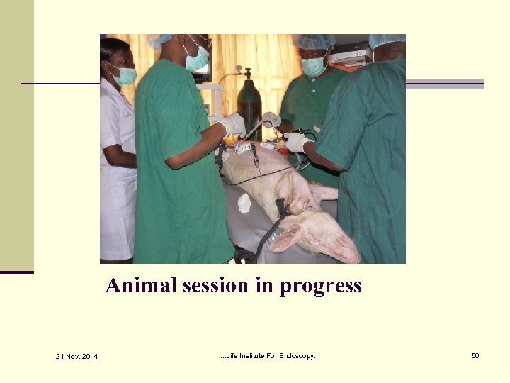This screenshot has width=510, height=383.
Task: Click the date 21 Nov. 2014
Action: click(77, 355)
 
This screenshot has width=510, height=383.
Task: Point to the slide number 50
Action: click(475, 355)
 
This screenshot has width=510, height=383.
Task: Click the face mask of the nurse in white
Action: click(125, 75)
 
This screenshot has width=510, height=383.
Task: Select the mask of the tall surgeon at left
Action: click(198, 59)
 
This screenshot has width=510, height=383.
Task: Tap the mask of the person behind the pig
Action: click(313, 66)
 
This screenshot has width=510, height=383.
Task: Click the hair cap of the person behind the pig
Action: click(315, 42)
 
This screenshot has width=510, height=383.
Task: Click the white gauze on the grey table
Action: click(244, 204)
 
